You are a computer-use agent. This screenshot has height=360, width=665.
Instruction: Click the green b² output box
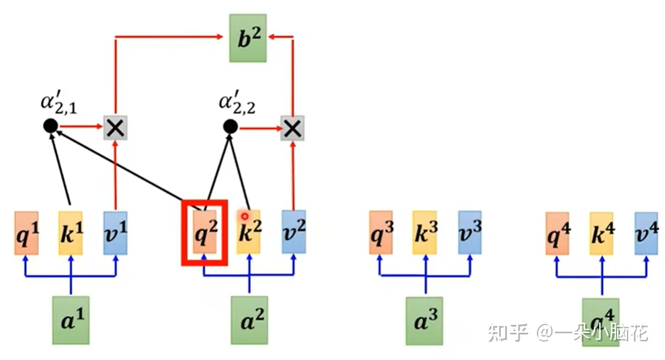point(248,38)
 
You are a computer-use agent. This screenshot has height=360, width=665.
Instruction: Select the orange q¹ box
point(27,232)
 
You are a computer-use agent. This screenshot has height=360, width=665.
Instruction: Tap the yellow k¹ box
point(71,232)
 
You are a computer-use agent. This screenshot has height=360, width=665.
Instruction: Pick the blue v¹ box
point(115,232)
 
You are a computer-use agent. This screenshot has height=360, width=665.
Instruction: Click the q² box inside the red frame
point(204,232)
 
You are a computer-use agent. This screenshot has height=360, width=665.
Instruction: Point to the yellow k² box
point(248,232)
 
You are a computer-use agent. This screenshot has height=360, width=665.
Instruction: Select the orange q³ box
point(382,232)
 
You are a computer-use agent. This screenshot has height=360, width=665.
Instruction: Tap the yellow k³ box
point(426,232)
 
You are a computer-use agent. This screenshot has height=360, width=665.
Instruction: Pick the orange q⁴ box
point(558,232)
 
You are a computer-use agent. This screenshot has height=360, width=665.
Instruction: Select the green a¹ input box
point(71,320)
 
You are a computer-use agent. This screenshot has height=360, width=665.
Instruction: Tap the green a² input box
point(249,320)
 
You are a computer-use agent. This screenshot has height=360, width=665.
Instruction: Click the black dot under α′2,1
point(51,127)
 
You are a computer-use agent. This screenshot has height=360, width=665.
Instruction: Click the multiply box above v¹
point(115,128)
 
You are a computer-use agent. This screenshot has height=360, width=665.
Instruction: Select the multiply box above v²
point(292,128)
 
